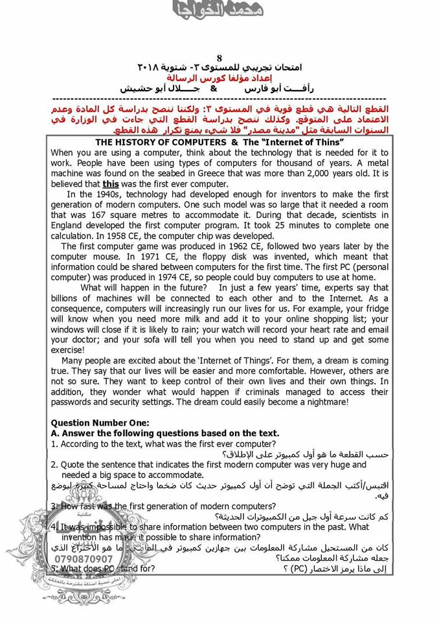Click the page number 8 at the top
(219, 58)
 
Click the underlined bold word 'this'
(111, 184)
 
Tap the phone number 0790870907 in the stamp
(84, 558)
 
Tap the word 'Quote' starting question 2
(73, 464)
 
